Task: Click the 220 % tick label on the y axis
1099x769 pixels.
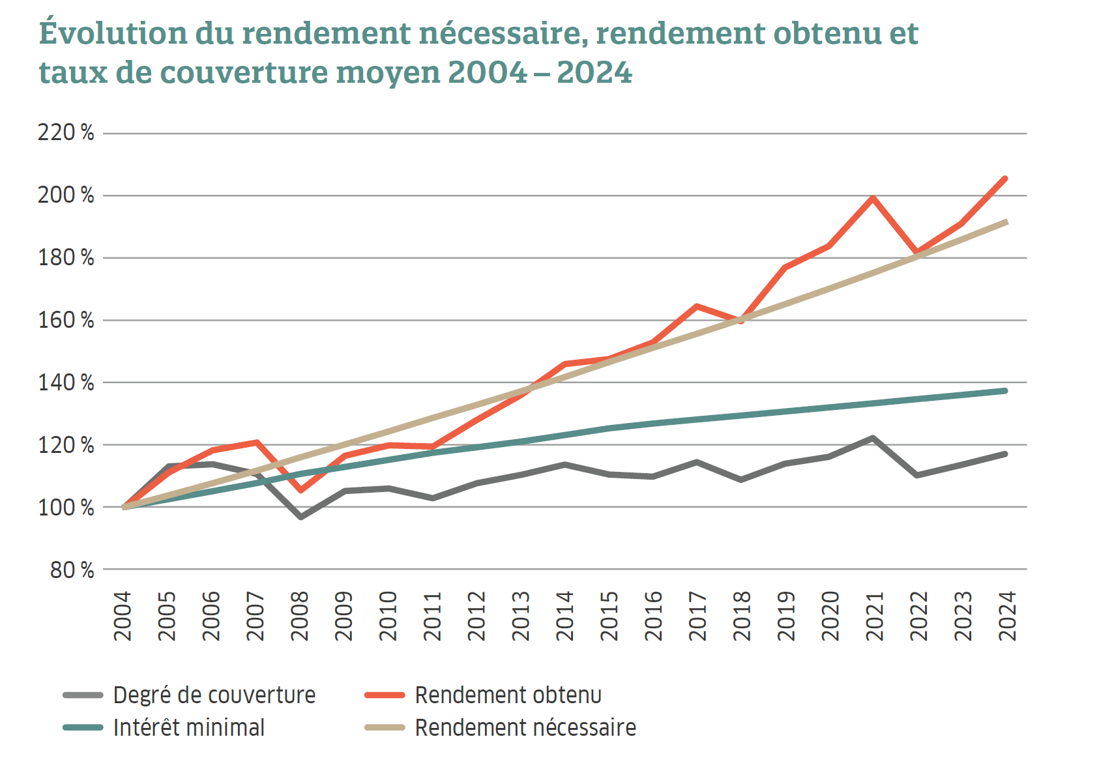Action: (x=65, y=133)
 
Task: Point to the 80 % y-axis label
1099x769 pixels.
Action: (x=72, y=570)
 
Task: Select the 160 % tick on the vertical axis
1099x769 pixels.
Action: (x=65, y=320)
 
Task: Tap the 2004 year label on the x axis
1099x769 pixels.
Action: (x=123, y=616)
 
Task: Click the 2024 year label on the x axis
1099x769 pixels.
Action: (x=1007, y=616)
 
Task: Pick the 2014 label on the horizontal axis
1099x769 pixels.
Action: (x=564, y=616)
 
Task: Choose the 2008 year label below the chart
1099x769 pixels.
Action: (x=299, y=616)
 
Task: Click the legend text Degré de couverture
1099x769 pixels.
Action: (x=214, y=695)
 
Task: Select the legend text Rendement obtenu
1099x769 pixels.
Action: (x=508, y=695)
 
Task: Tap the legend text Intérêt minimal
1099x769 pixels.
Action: (x=189, y=728)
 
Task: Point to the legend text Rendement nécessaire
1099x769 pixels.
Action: (x=525, y=728)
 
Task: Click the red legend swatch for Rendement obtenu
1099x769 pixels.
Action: (x=385, y=695)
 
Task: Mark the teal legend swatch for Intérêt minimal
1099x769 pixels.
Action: (x=83, y=728)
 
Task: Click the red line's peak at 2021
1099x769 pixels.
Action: (x=872, y=197)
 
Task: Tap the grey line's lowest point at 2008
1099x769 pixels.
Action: (x=300, y=517)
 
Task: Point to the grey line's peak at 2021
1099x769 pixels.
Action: (x=872, y=438)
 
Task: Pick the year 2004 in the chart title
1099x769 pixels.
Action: (x=488, y=72)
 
